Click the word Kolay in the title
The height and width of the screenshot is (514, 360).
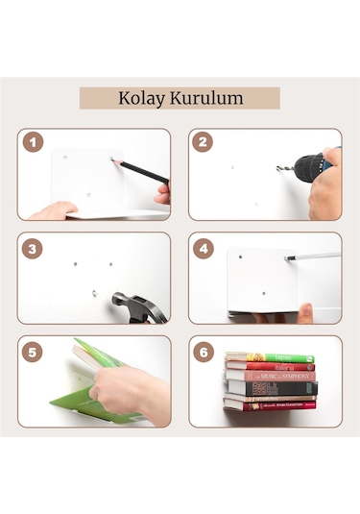pyautogui.click(x=142, y=98)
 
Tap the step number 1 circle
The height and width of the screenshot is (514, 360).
pyautogui.click(x=34, y=143)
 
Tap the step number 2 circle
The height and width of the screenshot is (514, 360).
pyautogui.click(x=204, y=143)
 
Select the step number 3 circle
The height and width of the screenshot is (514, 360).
pyautogui.click(x=34, y=247)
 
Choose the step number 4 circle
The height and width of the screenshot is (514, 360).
pyautogui.click(x=204, y=247)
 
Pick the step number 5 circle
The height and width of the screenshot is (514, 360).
pyautogui.click(x=34, y=351)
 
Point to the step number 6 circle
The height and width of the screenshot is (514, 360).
pyautogui.click(x=204, y=351)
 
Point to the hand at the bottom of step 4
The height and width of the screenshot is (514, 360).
pyautogui.click(x=305, y=313)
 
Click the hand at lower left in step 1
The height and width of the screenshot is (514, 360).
pyautogui.click(x=53, y=210)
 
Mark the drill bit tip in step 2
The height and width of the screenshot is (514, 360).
pyautogui.click(x=279, y=170)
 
